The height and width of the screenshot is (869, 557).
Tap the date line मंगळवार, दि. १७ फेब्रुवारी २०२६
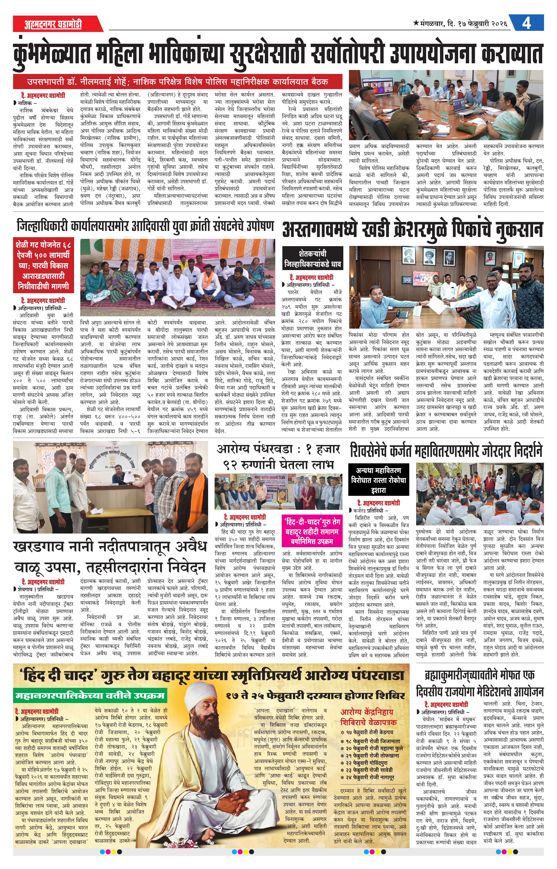pyautogui.click(x=460, y=24)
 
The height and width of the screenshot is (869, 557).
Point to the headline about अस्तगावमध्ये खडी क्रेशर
pyautogui.click(x=412, y=229)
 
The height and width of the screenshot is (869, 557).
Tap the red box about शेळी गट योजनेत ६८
pyautogui.click(x=43, y=265)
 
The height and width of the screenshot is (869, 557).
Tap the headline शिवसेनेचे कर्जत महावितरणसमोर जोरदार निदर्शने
pyautogui.click(x=446, y=451)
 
